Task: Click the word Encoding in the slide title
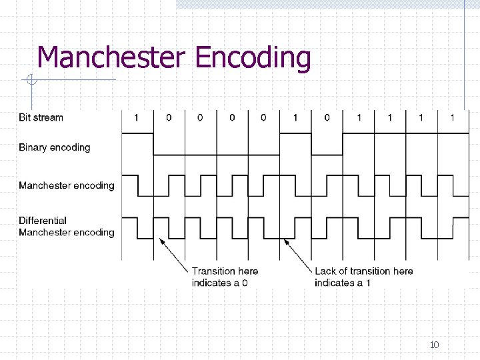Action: click(253, 59)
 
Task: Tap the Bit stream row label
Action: click(41, 118)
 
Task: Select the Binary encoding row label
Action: click(54, 147)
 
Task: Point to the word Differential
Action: click(43, 221)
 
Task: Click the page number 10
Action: click(434, 345)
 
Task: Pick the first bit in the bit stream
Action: click(137, 118)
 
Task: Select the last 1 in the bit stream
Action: click(453, 118)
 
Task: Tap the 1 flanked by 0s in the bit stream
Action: click(295, 118)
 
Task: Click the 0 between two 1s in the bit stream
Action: click(327, 118)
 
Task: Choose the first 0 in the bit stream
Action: click(169, 118)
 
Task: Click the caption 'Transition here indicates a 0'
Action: click(225, 277)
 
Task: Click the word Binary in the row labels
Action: click(33, 147)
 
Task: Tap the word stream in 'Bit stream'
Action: click(49, 118)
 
